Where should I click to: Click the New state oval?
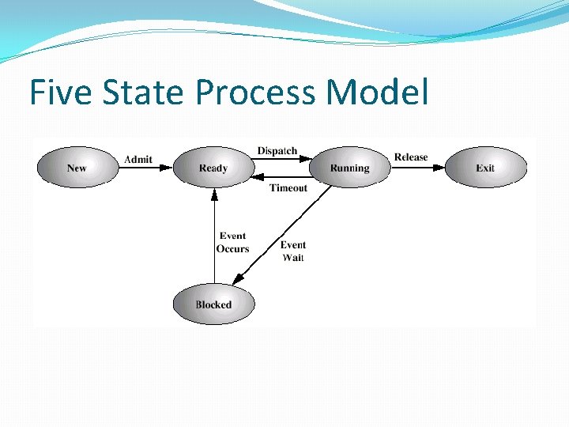[x=77, y=168]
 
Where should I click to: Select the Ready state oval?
[x=213, y=168]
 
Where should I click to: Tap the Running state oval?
[x=349, y=168]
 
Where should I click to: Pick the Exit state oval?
[x=485, y=168]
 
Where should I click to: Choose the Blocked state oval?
[x=213, y=304]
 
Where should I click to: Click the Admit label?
[x=138, y=159]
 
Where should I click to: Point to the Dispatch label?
[x=277, y=151]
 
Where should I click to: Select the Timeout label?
[x=288, y=188]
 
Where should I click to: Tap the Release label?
[x=411, y=157]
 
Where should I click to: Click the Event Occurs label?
[x=232, y=242]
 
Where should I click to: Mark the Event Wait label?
[x=292, y=251]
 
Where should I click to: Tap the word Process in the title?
[x=255, y=93]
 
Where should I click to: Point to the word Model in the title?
[x=377, y=93]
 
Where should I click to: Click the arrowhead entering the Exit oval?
[x=439, y=168]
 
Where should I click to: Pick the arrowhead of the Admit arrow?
[x=166, y=168]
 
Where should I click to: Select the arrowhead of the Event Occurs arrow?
[x=213, y=193]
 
